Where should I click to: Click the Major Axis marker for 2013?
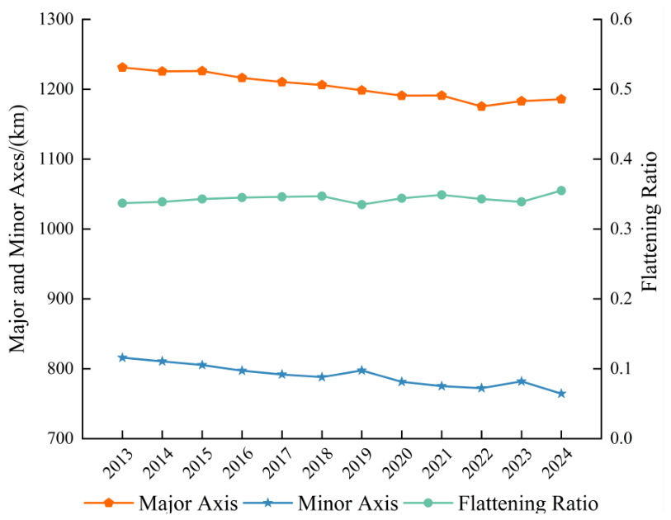(122, 67)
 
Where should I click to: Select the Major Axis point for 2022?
(481, 106)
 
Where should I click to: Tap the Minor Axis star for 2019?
(361, 371)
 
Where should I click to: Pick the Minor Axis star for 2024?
(561, 394)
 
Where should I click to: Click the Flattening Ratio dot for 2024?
(561, 191)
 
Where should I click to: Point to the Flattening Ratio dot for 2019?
(361, 205)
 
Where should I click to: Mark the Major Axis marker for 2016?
(242, 78)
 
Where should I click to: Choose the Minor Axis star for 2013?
(122, 357)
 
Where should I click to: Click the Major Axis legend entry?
(161, 503)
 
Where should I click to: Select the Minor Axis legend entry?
(321, 503)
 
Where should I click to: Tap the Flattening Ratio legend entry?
(501, 503)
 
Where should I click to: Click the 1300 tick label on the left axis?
(56, 19)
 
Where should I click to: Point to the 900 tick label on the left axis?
(61, 299)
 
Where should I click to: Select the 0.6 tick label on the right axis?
(621, 19)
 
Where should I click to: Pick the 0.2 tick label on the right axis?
(621, 299)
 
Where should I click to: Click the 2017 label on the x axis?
(278, 463)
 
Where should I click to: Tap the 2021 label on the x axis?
(437, 463)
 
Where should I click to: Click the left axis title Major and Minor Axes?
(18, 229)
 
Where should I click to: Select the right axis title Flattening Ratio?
(650, 221)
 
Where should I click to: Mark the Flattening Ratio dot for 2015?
(202, 199)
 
